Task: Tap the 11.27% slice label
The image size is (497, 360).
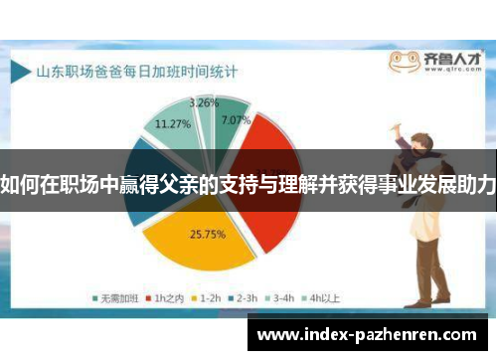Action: point(173,124)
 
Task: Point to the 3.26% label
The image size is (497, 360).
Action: point(205,102)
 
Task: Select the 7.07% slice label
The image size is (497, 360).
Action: point(236,121)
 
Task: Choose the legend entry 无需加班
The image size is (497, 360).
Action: point(116,296)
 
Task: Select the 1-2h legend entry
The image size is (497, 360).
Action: point(207,296)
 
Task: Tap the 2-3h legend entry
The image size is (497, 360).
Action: point(245,296)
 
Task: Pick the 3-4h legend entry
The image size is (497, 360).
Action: point(282,296)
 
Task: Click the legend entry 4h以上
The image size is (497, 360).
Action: point(324,296)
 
